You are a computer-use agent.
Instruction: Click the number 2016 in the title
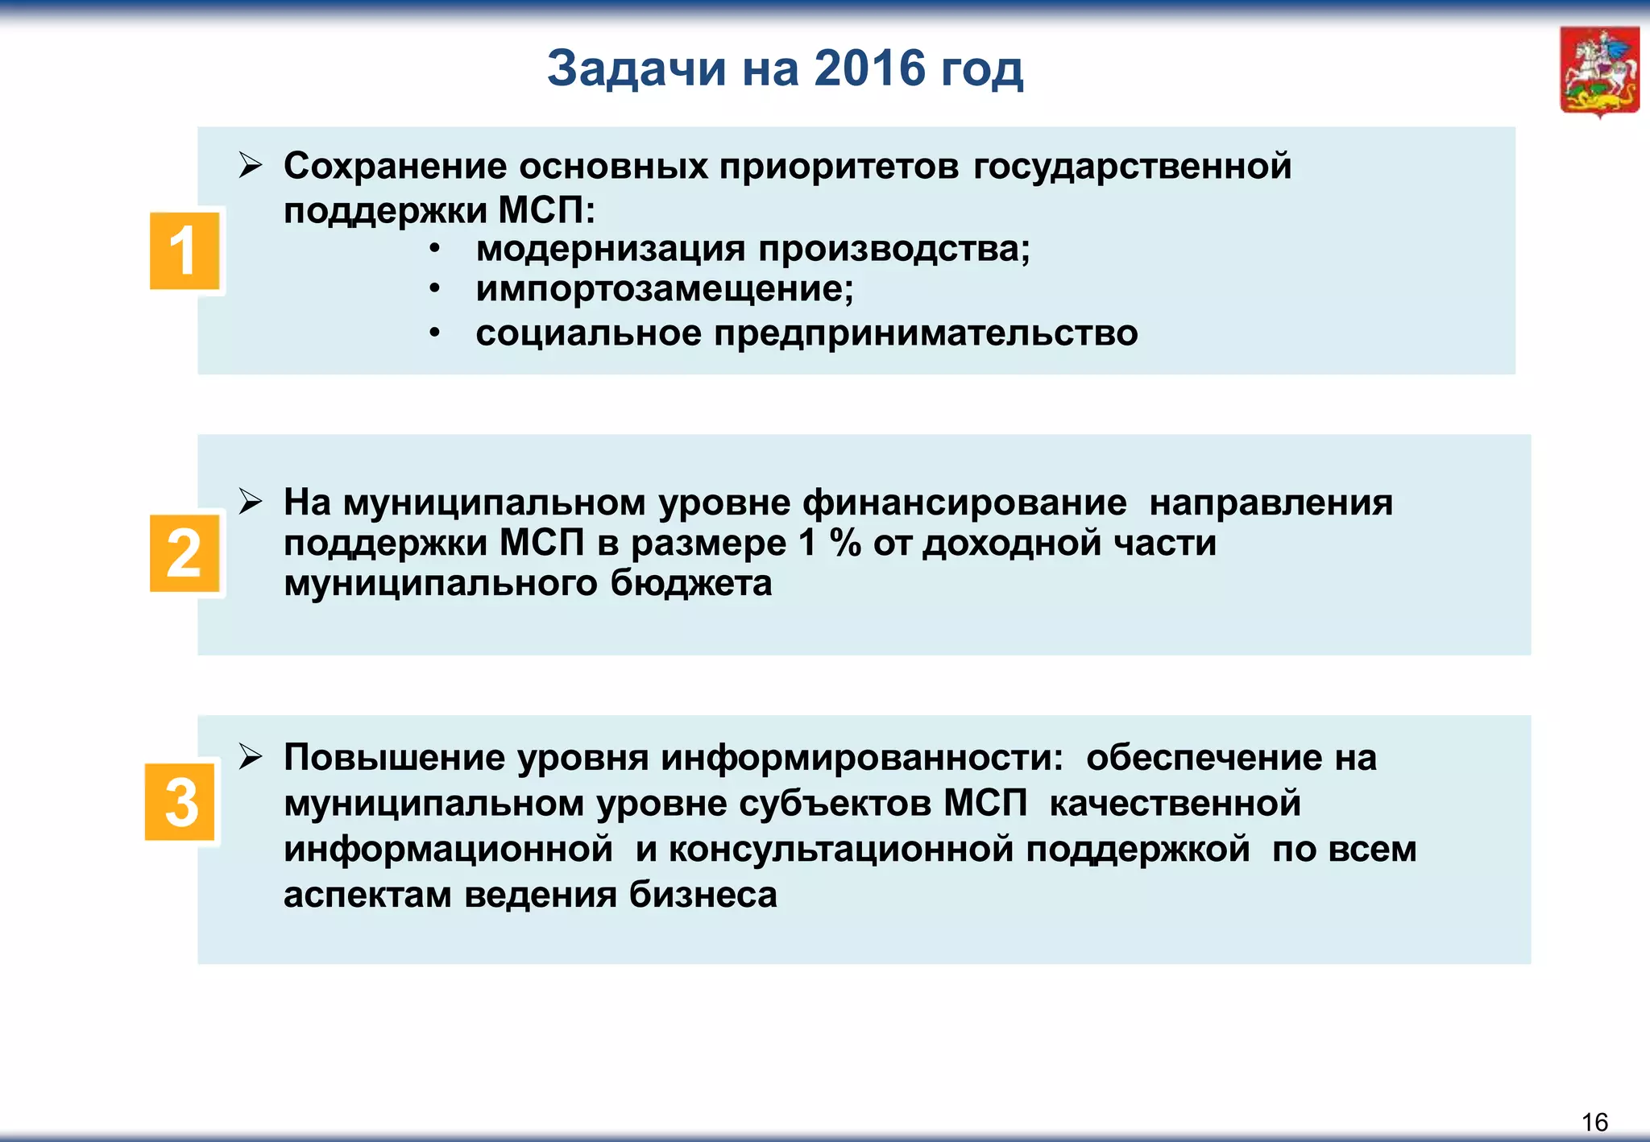(x=869, y=68)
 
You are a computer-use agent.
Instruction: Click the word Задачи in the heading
(x=636, y=70)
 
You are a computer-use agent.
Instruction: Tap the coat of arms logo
(x=1599, y=72)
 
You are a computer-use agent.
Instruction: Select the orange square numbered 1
(x=184, y=251)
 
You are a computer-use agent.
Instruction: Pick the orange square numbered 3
(x=180, y=802)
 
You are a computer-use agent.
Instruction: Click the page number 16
(x=1594, y=1122)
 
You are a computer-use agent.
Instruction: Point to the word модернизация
(x=610, y=249)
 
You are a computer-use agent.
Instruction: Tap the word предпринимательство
(x=926, y=333)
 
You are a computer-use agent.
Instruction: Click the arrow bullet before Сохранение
(x=251, y=167)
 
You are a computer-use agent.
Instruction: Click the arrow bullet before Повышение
(x=251, y=757)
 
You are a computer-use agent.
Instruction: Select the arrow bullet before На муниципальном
(x=251, y=502)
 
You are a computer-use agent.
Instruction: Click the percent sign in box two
(x=845, y=544)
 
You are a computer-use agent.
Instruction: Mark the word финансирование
(x=964, y=503)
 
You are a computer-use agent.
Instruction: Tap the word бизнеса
(x=703, y=895)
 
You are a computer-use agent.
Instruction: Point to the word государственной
(x=1132, y=167)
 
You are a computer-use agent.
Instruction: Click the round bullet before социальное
(x=434, y=333)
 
